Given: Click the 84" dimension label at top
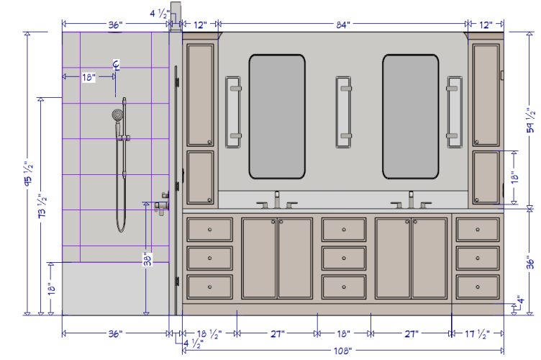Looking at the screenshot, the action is [343, 25].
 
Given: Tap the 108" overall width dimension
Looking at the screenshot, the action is [342, 351].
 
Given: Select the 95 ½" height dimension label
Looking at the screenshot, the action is [29, 174].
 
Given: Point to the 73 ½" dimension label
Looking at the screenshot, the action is [42, 206].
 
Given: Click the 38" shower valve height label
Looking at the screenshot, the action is [148, 259].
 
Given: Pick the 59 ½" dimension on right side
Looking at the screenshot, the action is [531, 121].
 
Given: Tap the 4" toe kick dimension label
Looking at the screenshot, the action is [521, 300].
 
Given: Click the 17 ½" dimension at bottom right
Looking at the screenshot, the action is [478, 334].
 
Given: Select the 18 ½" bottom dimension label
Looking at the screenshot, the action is [209, 334].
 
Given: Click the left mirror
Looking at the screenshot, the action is [277, 117].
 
